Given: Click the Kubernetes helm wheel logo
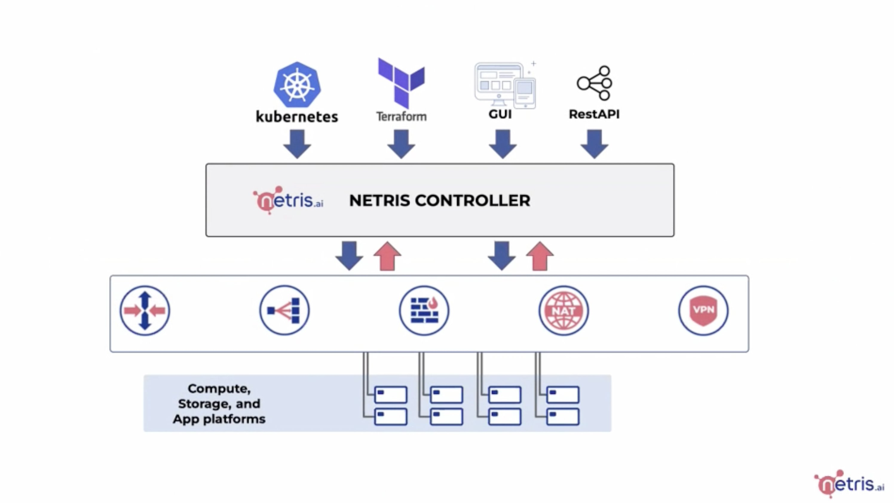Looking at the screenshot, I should pyautogui.click(x=297, y=85).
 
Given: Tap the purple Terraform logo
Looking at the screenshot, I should pyautogui.click(x=401, y=82).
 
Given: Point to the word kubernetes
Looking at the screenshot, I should pyautogui.click(x=297, y=117).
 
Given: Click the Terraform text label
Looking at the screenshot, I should pyautogui.click(x=402, y=116).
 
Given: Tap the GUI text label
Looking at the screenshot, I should pyautogui.click(x=500, y=114).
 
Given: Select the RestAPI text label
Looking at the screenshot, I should pyautogui.click(x=594, y=114).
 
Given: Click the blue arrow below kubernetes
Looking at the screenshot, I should pyautogui.click(x=297, y=144).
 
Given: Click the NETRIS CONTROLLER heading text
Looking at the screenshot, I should pyautogui.click(x=440, y=200).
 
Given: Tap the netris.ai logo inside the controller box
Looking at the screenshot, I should pyautogui.click(x=288, y=200).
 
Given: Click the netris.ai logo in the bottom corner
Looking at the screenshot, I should pyautogui.click(x=849, y=483).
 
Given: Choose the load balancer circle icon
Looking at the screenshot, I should pyautogui.click(x=284, y=310).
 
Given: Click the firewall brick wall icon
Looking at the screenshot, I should pyautogui.click(x=424, y=310).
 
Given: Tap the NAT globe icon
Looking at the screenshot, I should pyautogui.click(x=564, y=310).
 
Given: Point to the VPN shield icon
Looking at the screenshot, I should pyautogui.click(x=703, y=310).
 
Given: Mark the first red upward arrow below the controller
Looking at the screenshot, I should pyautogui.click(x=387, y=257).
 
